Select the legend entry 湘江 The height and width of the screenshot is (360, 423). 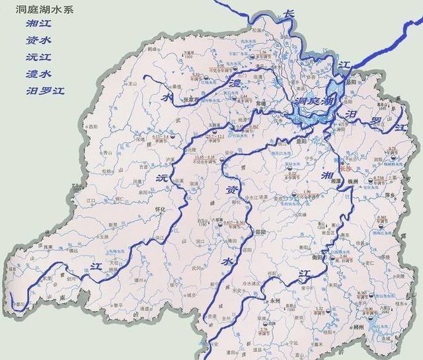click(x=34, y=24)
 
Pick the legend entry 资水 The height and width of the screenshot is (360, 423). click(x=34, y=40)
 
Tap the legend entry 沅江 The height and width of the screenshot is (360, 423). click(x=34, y=56)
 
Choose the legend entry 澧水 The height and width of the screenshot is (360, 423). click(x=34, y=73)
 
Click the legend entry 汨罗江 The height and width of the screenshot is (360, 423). click(x=39, y=89)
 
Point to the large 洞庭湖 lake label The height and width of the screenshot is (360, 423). click(x=313, y=102)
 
